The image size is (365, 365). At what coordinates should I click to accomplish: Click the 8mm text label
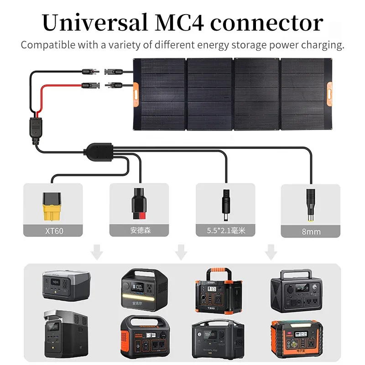311,231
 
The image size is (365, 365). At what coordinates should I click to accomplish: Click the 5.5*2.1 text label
225,231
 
